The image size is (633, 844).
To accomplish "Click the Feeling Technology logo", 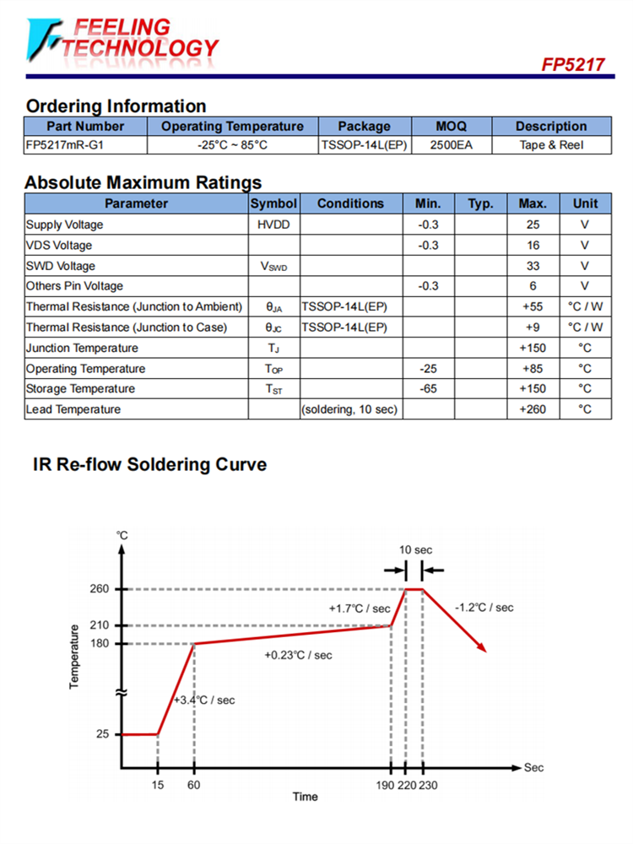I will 122,40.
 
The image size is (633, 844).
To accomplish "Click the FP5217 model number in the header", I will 573,65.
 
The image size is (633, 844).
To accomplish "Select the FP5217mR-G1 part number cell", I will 66,145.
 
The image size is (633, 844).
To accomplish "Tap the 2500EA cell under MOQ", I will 451,145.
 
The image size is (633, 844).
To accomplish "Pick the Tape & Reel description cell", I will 551,145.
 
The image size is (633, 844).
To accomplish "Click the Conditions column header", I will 350,203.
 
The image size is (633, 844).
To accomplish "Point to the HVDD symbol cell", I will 274,225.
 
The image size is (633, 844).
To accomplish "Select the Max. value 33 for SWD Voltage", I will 533,266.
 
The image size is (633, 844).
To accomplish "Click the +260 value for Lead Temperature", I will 533,409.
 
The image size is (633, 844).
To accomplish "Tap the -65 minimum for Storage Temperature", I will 429,389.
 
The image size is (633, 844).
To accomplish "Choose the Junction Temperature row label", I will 82,348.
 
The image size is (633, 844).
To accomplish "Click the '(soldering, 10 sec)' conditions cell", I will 350,409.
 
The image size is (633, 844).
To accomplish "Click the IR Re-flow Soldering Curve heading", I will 149,464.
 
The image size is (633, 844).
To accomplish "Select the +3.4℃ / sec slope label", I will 205,701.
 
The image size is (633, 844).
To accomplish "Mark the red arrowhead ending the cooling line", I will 484,648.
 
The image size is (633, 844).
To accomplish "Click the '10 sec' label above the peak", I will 414,549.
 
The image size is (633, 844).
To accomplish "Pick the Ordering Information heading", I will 116,106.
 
